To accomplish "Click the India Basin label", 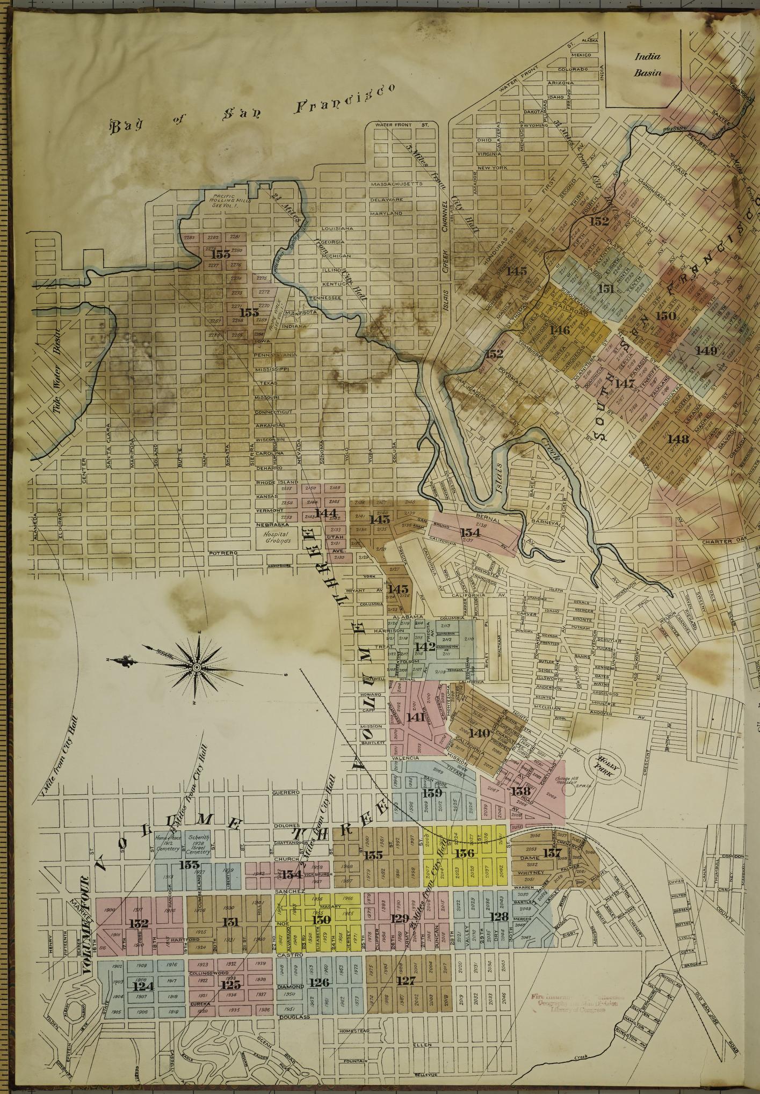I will click(x=647, y=64).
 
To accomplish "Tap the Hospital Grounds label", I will click(x=277, y=538).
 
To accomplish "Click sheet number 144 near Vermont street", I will click(x=325, y=513).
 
